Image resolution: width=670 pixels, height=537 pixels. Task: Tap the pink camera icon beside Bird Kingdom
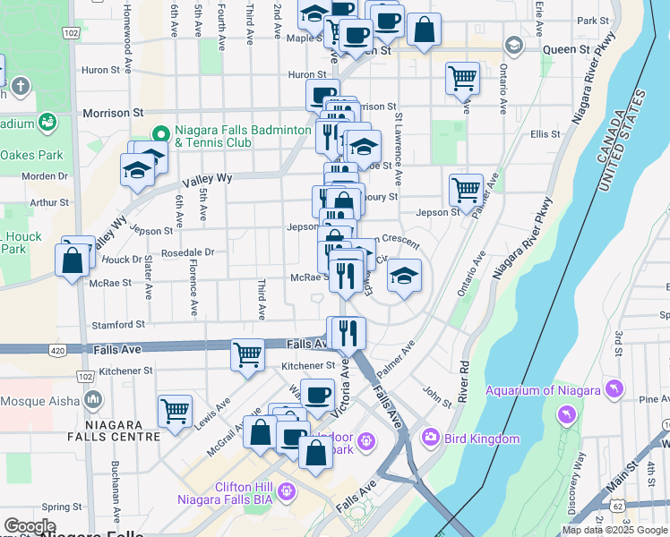(430, 438)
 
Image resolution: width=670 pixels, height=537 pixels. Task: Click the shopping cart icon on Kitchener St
(247, 354)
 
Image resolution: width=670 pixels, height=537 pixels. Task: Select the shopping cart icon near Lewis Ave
(175, 411)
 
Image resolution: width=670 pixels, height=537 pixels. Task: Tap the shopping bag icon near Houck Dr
(72, 261)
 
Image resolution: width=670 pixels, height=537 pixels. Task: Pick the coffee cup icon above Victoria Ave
(316, 394)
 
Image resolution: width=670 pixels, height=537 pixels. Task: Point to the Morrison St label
(113, 114)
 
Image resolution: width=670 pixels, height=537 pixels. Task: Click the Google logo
(30, 526)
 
